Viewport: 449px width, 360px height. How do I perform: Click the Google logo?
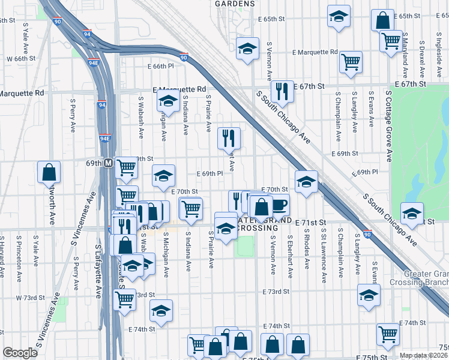pyautogui.click(x=20, y=353)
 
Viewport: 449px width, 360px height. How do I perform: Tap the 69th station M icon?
pyautogui.click(x=108, y=163)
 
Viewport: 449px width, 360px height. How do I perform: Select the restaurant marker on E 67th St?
pyautogui.click(x=282, y=92)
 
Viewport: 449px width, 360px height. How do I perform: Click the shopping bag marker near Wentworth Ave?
pyautogui.click(x=49, y=172)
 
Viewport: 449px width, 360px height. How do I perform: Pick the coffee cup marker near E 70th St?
pyautogui.click(x=279, y=205)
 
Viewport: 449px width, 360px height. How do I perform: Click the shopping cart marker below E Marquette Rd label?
pyautogui.click(x=351, y=62)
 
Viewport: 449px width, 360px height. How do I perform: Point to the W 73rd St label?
pyautogui.click(x=26, y=298)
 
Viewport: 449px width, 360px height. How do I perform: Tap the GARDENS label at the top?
pyautogui.click(x=235, y=4)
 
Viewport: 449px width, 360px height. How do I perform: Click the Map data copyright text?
pyautogui.click(x=423, y=355)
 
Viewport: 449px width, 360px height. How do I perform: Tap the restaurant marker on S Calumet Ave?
pyautogui.click(x=228, y=139)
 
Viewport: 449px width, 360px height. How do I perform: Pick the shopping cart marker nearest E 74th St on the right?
pyautogui.click(x=388, y=335)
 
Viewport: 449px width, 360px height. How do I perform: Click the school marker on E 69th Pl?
pyautogui.click(x=163, y=176)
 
